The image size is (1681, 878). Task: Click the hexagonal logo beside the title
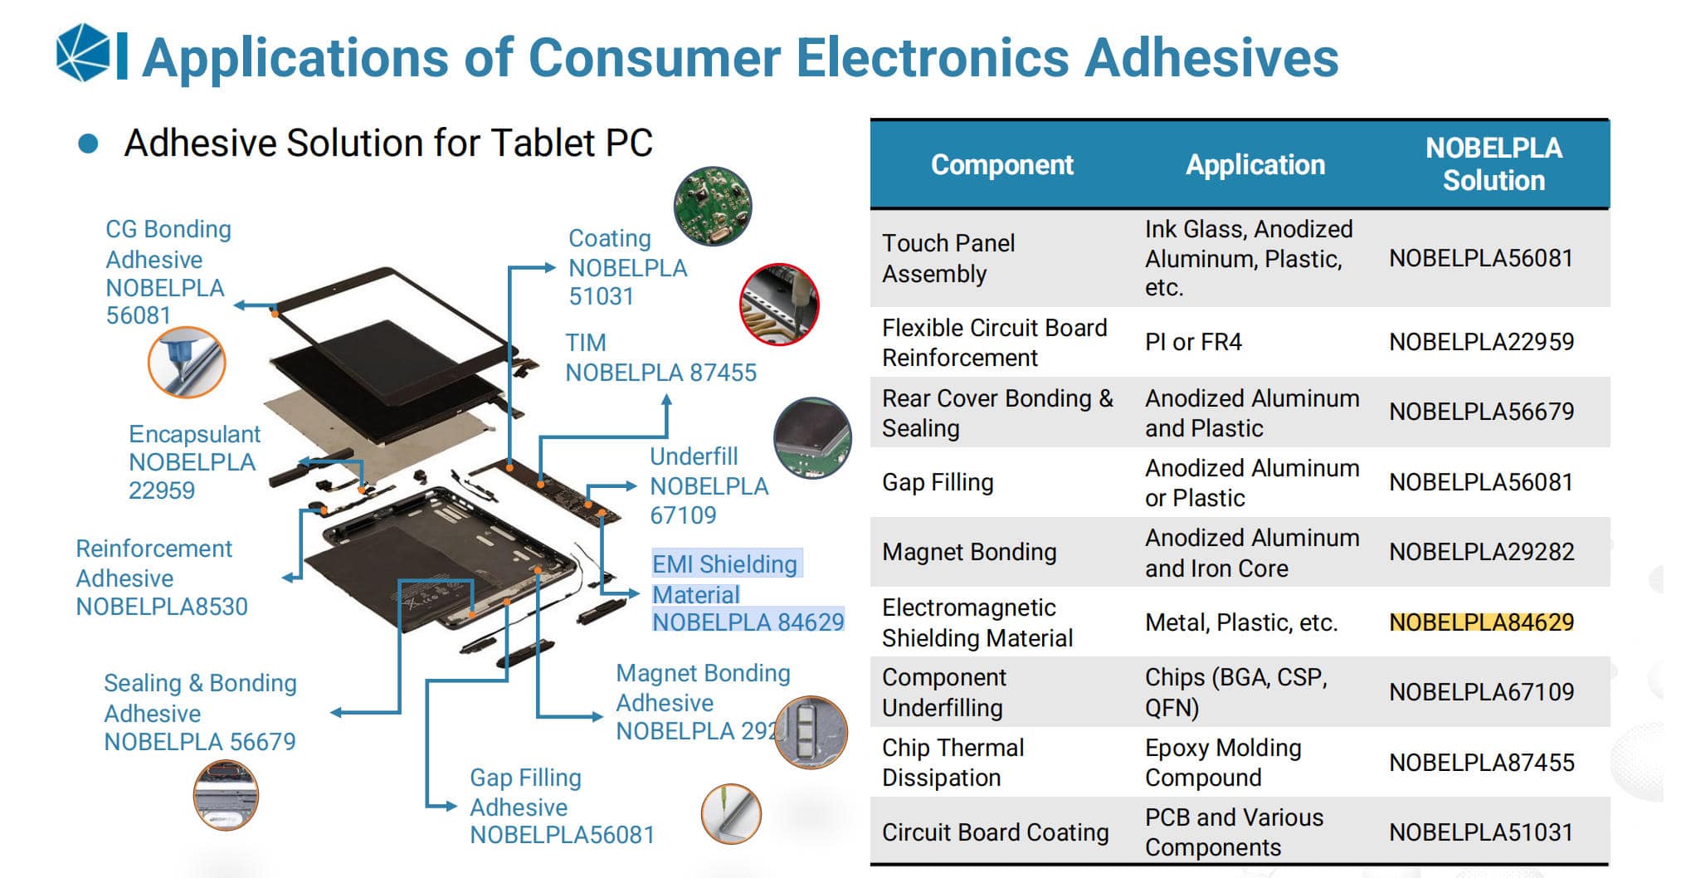pyautogui.click(x=83, y=53)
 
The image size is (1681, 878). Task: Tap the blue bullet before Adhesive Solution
pyautogui.click(x=88, y=144)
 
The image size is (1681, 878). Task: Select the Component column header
pyautogui.click(x=1001, y=164)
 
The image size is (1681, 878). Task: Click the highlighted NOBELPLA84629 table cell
pyautogui.click(x=1481, y=622)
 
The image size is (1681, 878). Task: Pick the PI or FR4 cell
pyautogui.click(x=1193, y=342)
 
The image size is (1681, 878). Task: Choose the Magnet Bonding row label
pyautogui.click(x=969, y=552)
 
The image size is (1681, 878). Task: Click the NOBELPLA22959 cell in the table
pyautogui.click(x=1481, y=342)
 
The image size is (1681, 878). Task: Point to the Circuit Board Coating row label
pyautogui.click(x=995, y=832)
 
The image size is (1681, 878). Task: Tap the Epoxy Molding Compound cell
pyautogui.click(x=1222, y=763)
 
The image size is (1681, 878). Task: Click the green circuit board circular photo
pyautogui.click(x=712, y=206)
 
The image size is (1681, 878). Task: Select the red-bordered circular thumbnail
pyautogui.click(x=778, y=305)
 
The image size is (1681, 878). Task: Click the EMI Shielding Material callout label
pyautogui.click(x=747, y=593)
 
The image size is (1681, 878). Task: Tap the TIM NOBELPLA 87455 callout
pyautogui.click(x=660, y=358)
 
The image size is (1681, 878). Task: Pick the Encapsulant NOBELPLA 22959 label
pyautogui.click(x=193, y=462)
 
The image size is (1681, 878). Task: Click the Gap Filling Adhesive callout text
pyautogui.click(x=561, y=806)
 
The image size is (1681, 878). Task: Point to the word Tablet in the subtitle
pyautogui.click(x=543, y=143)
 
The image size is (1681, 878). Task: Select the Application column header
pyautogui.click(x=1255, y=164)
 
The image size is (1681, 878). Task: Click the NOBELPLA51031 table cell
pyautogui.click(x=1481, y=832)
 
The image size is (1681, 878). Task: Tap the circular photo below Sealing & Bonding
pyautogui.click(x=226, y=795)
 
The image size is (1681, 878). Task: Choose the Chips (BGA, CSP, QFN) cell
pyautogui.click(x=1235, y=692)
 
